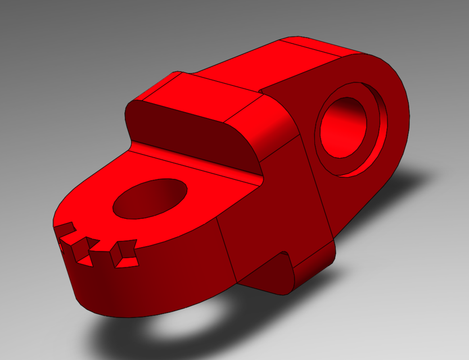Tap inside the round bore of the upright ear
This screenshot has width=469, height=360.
coord(344,127)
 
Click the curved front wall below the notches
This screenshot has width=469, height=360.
coord(141,287)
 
